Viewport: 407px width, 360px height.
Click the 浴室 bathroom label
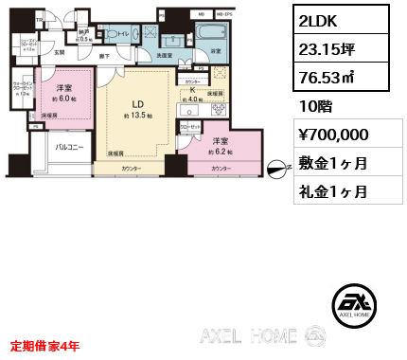[216, 50]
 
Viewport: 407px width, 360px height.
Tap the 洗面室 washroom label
[165, 56]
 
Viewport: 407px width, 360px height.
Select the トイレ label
[122, 34]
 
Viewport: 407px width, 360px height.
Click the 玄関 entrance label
[59, 52]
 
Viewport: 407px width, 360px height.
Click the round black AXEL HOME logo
[357, 307]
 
